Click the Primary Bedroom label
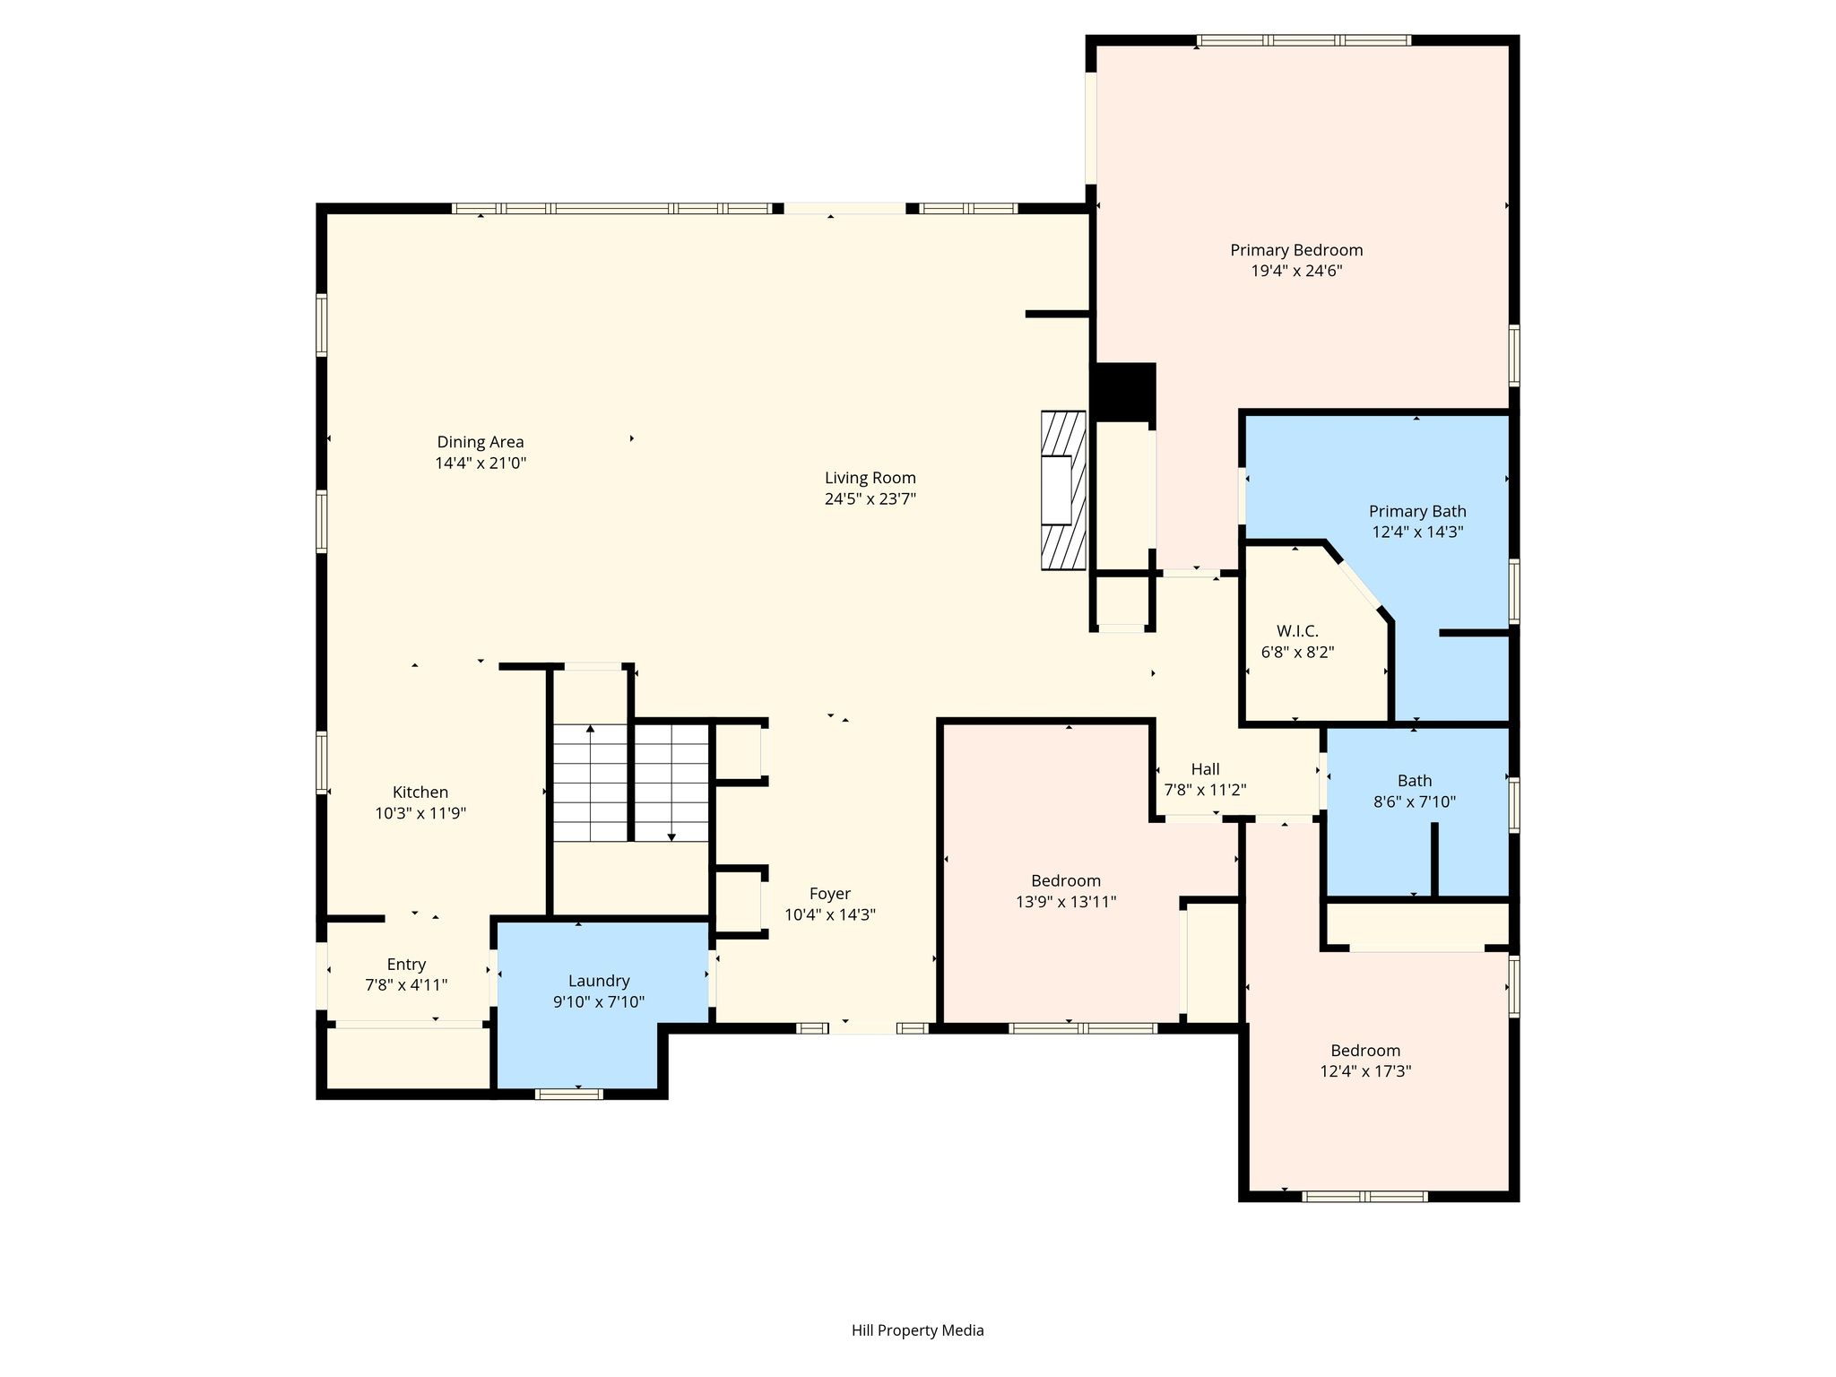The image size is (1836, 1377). tap(1296, 250)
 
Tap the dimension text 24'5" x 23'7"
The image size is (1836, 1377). tap(870, 499)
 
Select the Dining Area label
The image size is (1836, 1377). tap(481, 442)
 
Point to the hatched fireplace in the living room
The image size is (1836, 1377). tap(1064, 490)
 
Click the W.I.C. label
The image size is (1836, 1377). tap(1297, 631)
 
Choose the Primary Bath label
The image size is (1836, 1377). tap(1417, 511)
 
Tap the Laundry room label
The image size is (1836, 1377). tap(599, 982)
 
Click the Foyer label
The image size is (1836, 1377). tap(830, 894)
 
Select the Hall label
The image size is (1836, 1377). tap(1205, 769)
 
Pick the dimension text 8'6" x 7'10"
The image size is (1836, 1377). tap(1415, 802)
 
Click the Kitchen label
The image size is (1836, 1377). tap(420, 792)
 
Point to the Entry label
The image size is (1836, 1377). tap(406, 965)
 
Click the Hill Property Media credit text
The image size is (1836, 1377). tap(918, 1330)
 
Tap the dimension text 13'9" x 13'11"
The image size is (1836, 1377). tap(1066, 902)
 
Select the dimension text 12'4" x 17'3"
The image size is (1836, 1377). tap(1365, 1071)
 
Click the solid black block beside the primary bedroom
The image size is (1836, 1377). tap(1123, 392)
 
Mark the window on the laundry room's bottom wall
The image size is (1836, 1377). tap(569, 1093)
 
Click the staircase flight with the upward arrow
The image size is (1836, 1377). tap(590, 783)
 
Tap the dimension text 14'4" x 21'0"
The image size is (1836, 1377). tap(481, 463)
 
